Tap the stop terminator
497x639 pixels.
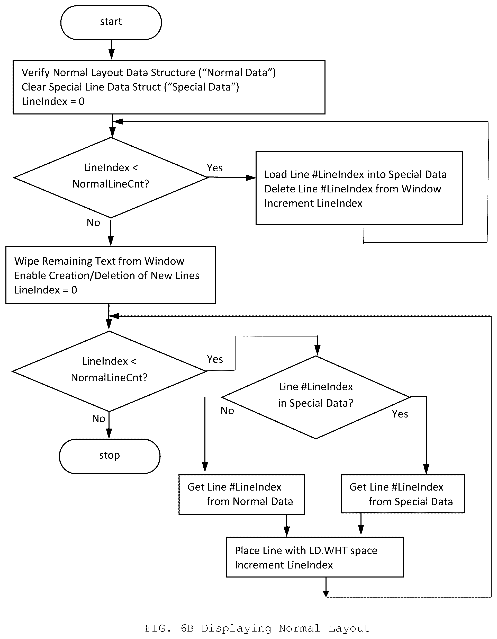[110, 456]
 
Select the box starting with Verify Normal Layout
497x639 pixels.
[169, 87]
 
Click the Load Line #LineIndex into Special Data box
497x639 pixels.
[359, 188]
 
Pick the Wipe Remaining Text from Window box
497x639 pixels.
[111, 275]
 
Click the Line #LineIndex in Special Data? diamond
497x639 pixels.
[316, 397]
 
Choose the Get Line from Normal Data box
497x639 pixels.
[242, 494]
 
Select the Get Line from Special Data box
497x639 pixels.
[403, 494]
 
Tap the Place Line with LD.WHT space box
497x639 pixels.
[315, 557]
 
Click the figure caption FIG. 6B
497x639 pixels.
[257, 628]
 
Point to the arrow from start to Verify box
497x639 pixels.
[111, 50]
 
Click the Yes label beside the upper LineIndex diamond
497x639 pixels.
[215, 168]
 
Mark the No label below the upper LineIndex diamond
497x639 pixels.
[93, 223]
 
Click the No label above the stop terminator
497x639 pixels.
[98, 419]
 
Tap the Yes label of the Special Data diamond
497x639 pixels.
[400, 414]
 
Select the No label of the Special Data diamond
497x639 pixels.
[227, 411]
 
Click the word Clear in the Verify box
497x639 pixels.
[34, 87]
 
